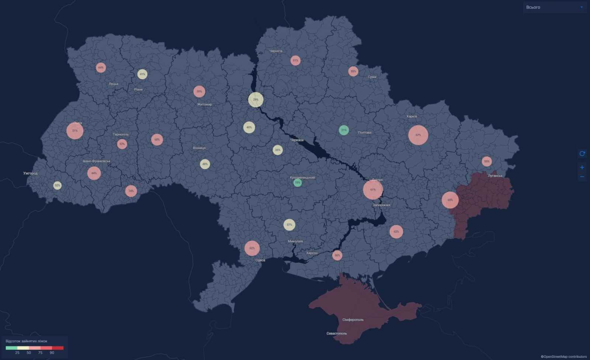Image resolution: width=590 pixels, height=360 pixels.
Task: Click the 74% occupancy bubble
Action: click(x=131, y=191)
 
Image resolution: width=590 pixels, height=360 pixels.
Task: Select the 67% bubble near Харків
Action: click(x=418, y=135)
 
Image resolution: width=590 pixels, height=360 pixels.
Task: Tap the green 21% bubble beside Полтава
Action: click(x=344, y=130)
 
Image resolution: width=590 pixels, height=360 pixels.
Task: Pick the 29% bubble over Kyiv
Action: click(x=256, y=100)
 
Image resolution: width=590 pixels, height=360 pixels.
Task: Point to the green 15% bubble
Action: click(x=298, y=183)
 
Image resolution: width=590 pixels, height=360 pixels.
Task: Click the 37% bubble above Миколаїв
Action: click(x=289, y=225)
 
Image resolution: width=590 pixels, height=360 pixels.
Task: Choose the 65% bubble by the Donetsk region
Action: click(x=450, y=200)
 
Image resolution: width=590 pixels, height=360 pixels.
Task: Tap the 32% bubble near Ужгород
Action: click(x=57, y=186)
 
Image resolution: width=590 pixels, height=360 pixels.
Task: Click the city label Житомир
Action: click(x=205, y=104)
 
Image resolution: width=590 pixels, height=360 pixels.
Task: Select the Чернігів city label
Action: click(x=276, y=51)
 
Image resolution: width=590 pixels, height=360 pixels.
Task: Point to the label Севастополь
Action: click(x=337, y=333)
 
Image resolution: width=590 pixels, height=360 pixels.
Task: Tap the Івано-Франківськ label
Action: click(x=97, y=161)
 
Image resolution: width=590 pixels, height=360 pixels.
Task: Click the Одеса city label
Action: click(x=260, y=260)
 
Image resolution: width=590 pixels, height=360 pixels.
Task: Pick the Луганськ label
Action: click(x=495, y=176)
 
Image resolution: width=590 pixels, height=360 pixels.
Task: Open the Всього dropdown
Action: click(x=555, y=7)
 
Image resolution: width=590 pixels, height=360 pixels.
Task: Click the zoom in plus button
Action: click(x=582, y=167)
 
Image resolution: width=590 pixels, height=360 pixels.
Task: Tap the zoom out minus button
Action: click(x=582, y=177)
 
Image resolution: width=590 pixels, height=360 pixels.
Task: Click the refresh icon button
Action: click(x=582, y=153)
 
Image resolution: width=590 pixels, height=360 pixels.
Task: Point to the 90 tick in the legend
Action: click(x=52, y=353)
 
